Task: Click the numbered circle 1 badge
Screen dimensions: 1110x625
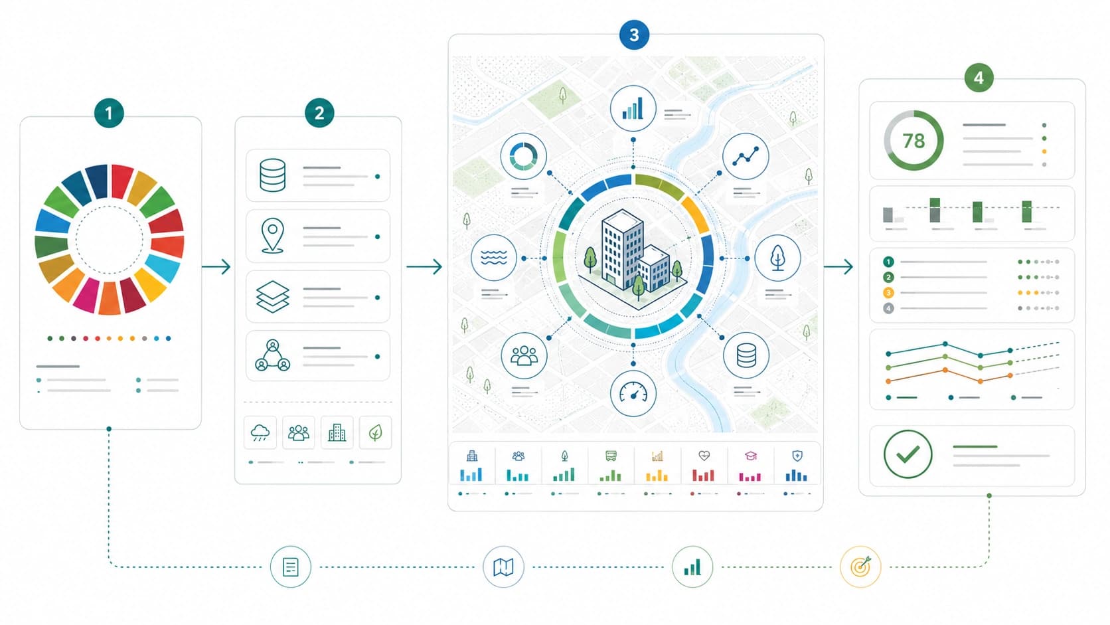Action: [109, 113]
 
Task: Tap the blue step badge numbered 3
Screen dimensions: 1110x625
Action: [634, 35]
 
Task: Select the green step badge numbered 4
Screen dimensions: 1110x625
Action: [979, 78]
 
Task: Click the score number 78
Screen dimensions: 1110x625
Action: [913, 141]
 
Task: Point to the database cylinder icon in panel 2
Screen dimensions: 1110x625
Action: [273, 175]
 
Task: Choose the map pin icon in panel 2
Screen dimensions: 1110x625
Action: [273, 236]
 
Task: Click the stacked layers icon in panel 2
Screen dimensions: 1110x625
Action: [273, 296]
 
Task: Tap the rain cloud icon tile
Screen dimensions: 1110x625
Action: [260, 432]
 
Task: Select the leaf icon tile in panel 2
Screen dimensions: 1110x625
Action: [375, 432]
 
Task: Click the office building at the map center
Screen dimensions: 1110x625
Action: [632, 258]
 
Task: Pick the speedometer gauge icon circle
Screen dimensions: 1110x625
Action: [633, 393]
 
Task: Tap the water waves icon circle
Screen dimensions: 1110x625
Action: [493, 258]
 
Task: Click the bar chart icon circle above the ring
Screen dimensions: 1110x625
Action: [633, 108]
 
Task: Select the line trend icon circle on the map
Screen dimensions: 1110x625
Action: [746, 156]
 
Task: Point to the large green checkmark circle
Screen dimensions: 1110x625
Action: [908, 454]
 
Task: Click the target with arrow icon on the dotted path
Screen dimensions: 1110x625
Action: [861, 567]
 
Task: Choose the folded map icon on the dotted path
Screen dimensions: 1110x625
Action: [503, 567]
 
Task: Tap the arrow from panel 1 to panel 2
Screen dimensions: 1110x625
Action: [216, 266]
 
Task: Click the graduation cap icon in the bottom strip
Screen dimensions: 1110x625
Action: [751, 456]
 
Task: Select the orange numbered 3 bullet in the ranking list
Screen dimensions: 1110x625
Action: [888, 293]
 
